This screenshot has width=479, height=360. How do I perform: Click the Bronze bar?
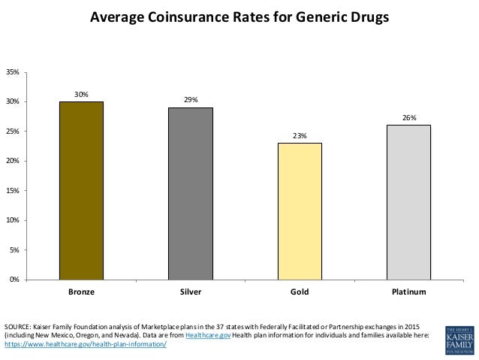coord(81,190)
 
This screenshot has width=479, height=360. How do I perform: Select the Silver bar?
coord(191,193)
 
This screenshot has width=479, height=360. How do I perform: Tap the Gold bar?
coord(300,211)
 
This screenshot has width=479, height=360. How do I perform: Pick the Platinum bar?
coord(408,202)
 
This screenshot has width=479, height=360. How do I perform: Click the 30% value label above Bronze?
coord(81,94)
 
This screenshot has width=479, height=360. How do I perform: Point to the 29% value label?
coord(191,100)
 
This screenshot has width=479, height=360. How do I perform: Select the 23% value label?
coord(300,135)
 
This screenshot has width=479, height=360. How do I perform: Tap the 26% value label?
coord(408,117)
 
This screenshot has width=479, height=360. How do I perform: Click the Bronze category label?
coord(81,291)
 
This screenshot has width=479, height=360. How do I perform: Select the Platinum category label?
coord(408,291)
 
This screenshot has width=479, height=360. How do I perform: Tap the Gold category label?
coord(300,291)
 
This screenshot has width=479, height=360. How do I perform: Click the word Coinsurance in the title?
coord(177,16)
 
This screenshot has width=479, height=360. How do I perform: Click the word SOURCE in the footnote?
coord(17,325)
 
